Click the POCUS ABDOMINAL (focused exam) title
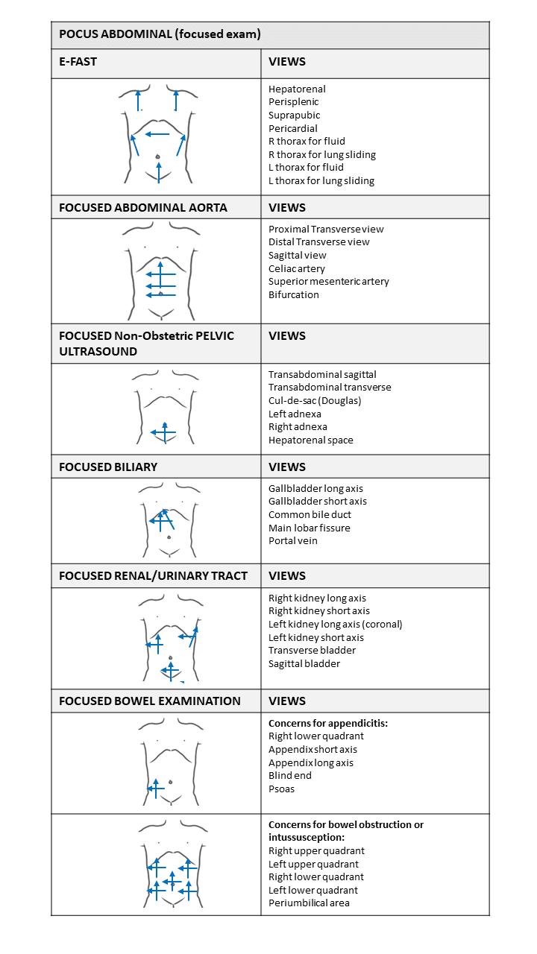point(160,34)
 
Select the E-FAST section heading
point(78,62)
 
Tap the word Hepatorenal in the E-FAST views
point(297,89)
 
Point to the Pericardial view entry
point(293,129)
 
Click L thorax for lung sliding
point(321,181)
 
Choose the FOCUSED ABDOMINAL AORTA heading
point(143,208)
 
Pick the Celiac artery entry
point(297,268)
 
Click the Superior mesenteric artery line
point(329,282)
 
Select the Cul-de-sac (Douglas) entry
point(315,401)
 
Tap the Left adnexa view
point(295,414)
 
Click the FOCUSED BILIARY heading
point(108,467)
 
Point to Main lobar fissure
point(309,528)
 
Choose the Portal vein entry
point(293,541)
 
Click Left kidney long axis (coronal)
point(336,625)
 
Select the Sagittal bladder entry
point(304,664)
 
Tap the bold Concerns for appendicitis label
point(328,724)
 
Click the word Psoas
point(282,789)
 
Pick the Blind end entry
point(290,776)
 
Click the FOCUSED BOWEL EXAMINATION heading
point(150,701)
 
